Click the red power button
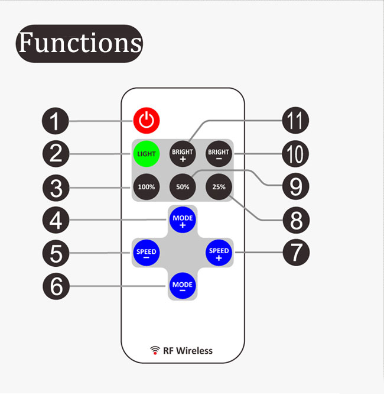coord(147,120)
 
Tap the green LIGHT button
coord(147,154)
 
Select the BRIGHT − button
coord(219,154)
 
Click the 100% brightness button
coord(147,187)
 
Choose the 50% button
coord(183,187)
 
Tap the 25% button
coord(219,187)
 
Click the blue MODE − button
coord(183,286)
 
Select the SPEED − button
coord(147,253)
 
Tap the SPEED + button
coord(219,253)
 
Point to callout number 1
coord(55,121)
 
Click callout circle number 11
coord(295,120)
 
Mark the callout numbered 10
coord(295,154)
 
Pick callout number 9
coord(295,186)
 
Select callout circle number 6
coord(56,286)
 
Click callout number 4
coord(56,220)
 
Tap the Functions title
coord(79,43)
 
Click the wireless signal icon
coord(155,350)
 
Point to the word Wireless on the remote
coord(194,351)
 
